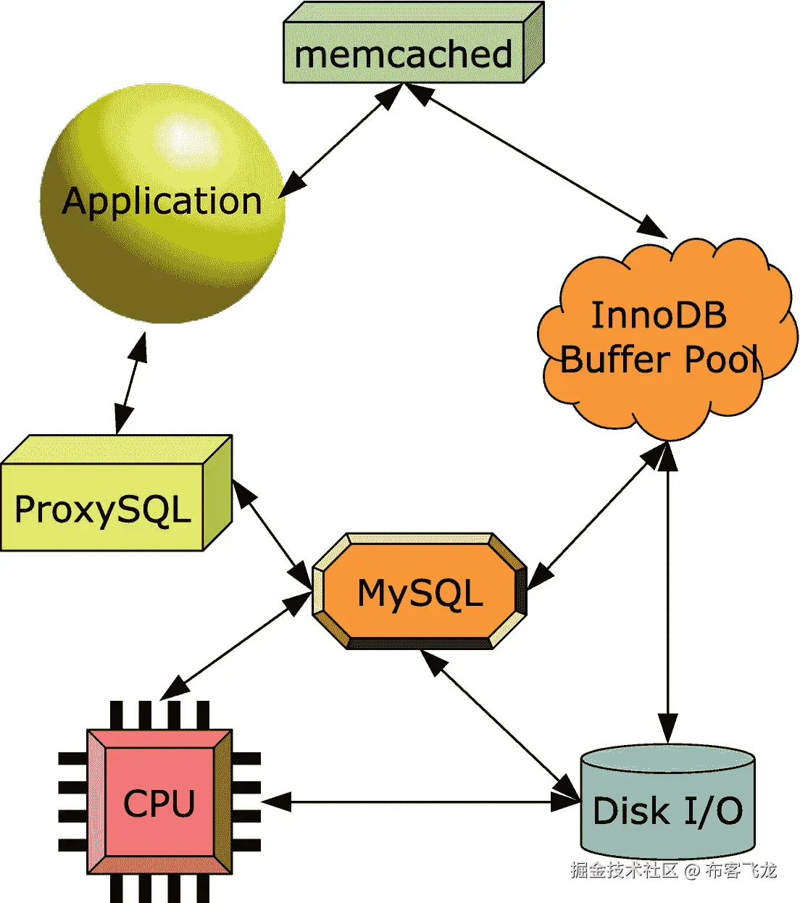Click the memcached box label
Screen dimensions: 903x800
[x=403, y=55]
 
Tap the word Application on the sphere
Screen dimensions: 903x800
[x=162, y=201]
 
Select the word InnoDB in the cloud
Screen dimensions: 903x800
[x=658, y=315]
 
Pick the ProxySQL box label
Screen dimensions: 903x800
[x=102, y=509]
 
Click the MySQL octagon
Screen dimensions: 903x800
[x=420, y=593]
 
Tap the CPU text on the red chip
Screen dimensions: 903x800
[x=159, y=803]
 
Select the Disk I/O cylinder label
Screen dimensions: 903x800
[x=667, y=811]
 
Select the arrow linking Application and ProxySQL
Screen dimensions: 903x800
[x=130, y=383]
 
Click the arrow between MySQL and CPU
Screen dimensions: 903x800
[x=236, y=645]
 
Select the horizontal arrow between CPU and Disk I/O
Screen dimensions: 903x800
[x=420, y=802]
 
